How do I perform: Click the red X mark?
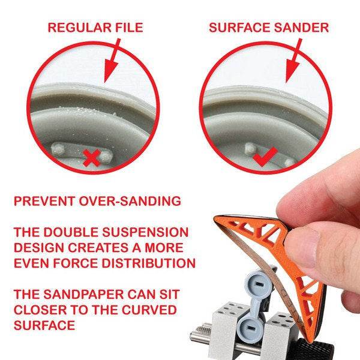(x=91, y=158)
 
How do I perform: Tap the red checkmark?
(x=264, y=157)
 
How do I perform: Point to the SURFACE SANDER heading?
(x=268, y=27)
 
